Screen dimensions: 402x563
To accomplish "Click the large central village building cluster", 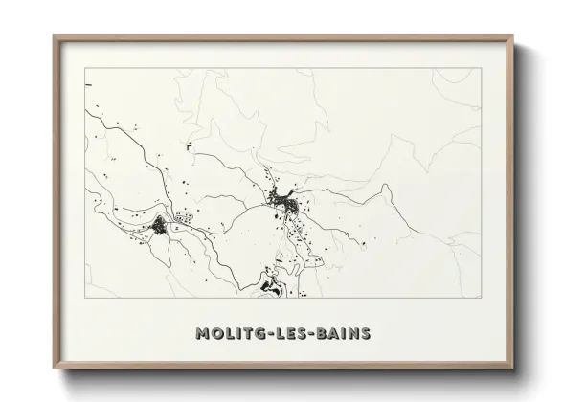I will click(x=283, y=201).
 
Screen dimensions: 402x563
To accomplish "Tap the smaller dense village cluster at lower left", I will click(x=159, y=226).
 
